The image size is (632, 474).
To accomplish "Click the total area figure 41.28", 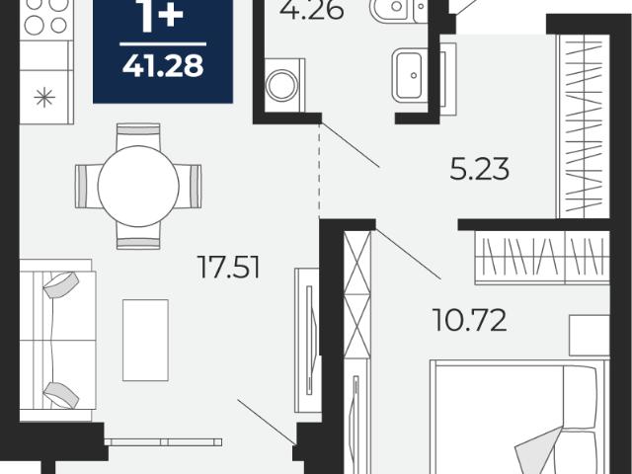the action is pyautogui.click(x=163, y=65).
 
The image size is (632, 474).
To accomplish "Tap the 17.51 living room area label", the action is pyautogui.click(x=228, y=267).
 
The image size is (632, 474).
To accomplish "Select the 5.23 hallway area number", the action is pyautogui.click(x=479, y=169).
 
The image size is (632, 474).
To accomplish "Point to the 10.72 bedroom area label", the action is pyautogui.click(x=469, y=320).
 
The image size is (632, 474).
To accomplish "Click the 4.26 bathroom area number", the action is pyautogui.click(x=312, y=10).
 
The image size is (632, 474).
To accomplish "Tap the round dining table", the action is pyautogui.click(x=138, y=186).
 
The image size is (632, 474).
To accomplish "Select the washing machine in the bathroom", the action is pyautogui.click(x=284, y=86).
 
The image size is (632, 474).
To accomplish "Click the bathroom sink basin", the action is pyautogui.click(x=409, y=75).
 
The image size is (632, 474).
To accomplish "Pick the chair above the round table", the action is pyautogui.click(x=138, y=136).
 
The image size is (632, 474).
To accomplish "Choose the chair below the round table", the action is pyautogui.click(x=138, y=235).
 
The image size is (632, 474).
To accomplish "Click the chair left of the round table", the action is pyautogui.click(x=88, y=187).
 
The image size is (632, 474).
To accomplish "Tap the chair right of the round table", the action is pyautogui.click(x=188, y=187).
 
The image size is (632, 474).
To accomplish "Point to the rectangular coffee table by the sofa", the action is pyautogui.click(x=145, y=340).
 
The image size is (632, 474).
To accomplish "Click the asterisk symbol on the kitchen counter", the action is pyautogui.click(x=44, y=98).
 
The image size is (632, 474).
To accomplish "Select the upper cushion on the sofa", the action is pyautogui.click(x=61, y=284).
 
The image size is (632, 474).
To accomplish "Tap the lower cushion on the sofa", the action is pyautogui.click(x=61, y=395).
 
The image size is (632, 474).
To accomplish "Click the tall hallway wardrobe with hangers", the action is pyautogui.click(x=584, y=126).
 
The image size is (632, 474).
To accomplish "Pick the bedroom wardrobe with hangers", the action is pyautogui.click(x=542, y=258).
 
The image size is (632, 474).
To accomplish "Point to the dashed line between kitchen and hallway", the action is pyautogui.click(x=320, y=171).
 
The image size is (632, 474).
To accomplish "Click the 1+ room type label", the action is pyautogui.click(x=161, y=16).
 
